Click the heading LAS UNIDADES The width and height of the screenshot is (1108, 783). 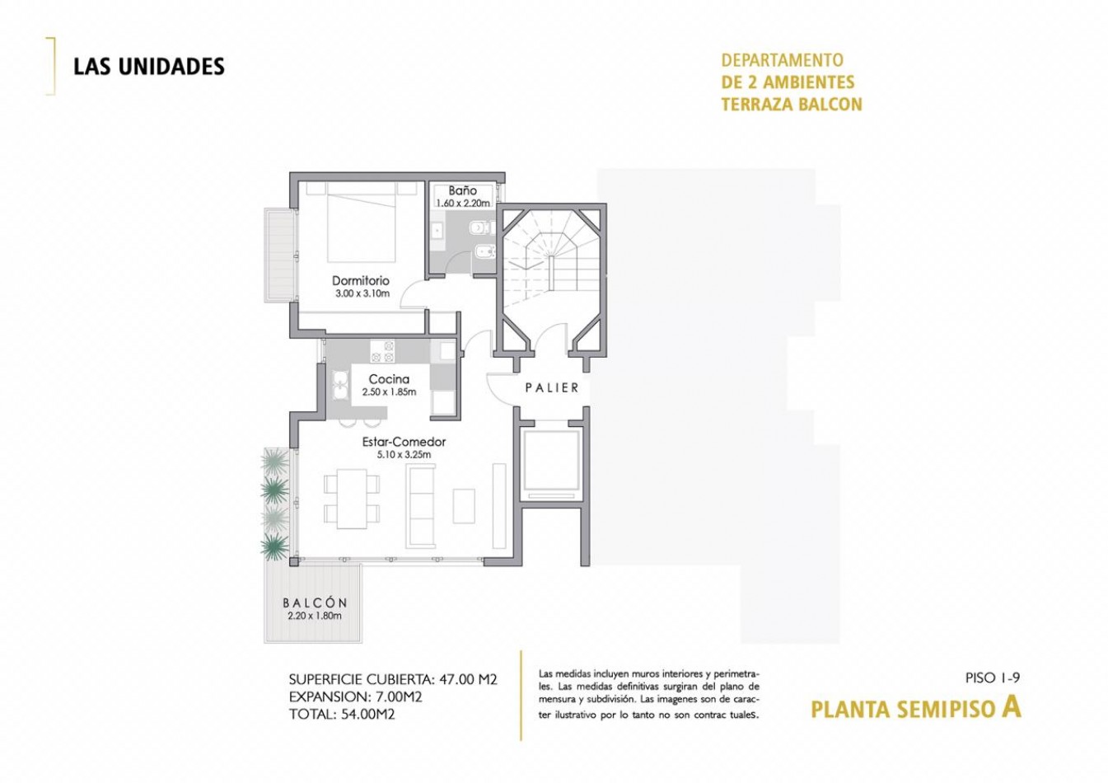[x=148, y=67]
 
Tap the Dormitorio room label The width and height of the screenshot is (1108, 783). [x=361, y=280]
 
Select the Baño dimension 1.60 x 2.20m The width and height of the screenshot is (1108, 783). [x=463, y=203]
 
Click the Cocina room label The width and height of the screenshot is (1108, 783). [x=389, y=379]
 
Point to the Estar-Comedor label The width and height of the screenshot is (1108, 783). [x=404, y=442]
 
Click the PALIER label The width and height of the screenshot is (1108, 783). [x=552, y=387]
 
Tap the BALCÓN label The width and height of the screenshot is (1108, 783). [x=315, y=603]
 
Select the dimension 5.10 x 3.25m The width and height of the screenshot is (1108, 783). [x=404, y=454]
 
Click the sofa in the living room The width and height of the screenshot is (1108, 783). [x=422, y=506]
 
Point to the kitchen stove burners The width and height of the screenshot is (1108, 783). [x=382, y=351]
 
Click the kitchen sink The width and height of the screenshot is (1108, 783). [x=339, y=385]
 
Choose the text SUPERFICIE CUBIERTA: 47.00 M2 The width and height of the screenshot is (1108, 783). [x=393, y=680]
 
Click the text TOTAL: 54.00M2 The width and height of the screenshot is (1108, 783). [x=342, y=715]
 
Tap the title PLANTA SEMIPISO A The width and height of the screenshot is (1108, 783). [x=915, y=708]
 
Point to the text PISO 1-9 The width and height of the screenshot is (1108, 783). [x=993, y=678]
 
